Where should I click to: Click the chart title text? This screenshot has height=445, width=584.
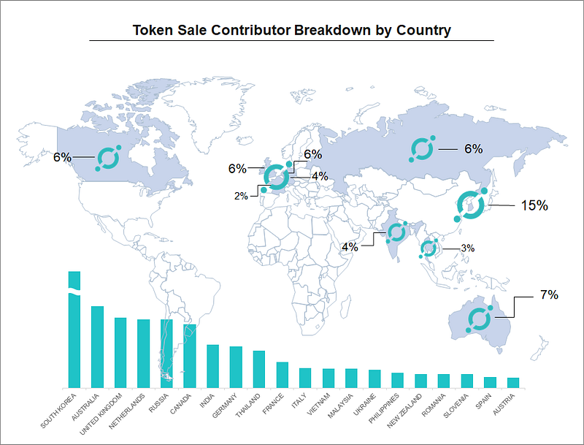(292, 31)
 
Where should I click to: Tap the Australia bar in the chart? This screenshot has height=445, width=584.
(97, 347)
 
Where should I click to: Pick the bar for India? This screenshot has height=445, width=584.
(213, 366)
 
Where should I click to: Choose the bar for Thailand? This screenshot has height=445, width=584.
(259, 369)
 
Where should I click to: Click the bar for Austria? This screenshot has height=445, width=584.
(513, 382)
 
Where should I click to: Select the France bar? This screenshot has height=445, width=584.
(283, 375)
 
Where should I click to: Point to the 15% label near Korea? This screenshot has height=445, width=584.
(534, 205)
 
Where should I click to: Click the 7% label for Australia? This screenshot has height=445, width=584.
(549, 295)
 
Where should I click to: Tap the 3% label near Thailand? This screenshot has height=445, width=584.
(468, 248)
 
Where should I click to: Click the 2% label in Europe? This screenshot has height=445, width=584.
(241, 196)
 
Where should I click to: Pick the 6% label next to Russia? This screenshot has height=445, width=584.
(473, 149)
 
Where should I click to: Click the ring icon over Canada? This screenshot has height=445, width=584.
(108, 159)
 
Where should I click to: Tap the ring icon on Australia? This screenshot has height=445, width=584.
(479, 319)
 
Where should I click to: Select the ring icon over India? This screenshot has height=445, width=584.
(396, 232)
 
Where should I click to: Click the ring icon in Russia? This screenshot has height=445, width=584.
(422, 149)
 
